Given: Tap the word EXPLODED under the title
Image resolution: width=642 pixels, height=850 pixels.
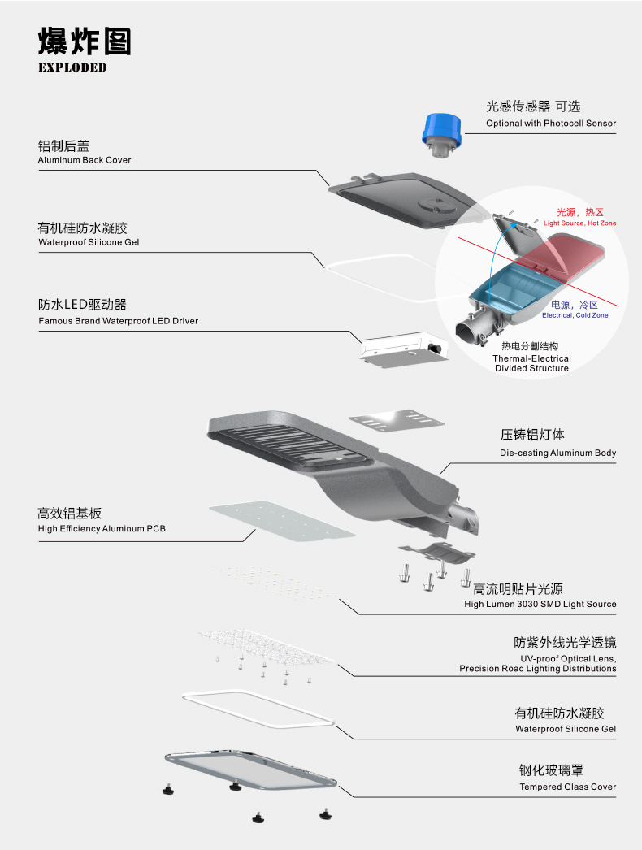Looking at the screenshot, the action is [x=72, y=67].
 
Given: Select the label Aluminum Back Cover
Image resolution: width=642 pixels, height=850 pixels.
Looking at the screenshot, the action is [x=85, y=160].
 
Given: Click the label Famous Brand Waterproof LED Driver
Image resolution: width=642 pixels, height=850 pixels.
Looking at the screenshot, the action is [x=119, y=321].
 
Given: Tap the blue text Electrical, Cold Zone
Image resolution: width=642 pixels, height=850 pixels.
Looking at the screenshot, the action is [x=575, y=315].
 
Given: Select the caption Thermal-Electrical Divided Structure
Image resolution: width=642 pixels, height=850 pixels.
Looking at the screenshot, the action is [x=531, y=363].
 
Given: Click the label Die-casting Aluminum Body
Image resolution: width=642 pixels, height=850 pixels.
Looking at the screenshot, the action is [x=557, y=453].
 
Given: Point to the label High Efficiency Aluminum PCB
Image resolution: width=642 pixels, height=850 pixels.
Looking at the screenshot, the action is [x=102, y=529].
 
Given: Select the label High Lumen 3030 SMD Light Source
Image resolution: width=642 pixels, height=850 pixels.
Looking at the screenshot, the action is [x=540, y=604].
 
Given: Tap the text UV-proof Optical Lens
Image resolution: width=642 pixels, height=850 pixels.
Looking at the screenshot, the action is [x=568, y=658].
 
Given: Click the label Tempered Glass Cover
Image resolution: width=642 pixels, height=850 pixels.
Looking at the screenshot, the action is [x=568, y=787].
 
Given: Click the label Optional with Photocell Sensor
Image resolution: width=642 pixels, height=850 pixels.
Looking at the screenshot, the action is [x=551, y=124].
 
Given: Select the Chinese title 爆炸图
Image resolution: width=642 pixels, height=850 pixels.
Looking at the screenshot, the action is [x=85, y=41].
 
